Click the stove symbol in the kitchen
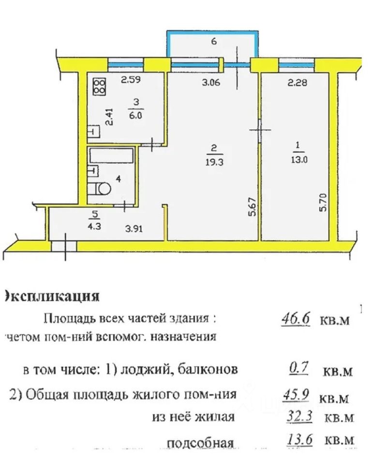click(x=99, y=87)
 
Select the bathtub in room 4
click(x=111, y=156)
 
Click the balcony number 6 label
click(x=213, y=42)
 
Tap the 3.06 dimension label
click(x=211, y=82)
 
